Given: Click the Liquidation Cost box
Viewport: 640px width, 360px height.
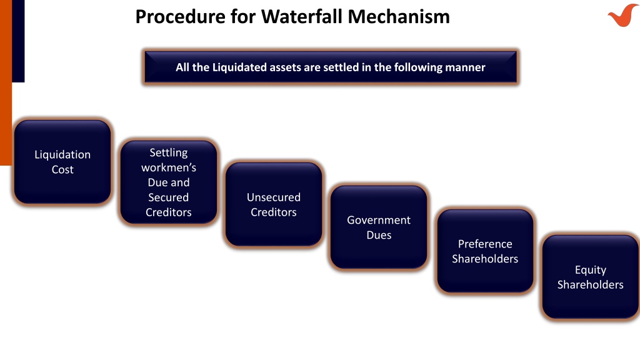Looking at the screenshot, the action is (62, 162).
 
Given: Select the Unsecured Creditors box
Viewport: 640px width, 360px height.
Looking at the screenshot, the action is (274, 204).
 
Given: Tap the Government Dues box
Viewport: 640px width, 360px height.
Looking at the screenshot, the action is (379, 227).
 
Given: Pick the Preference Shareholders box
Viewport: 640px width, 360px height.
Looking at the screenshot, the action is (485, 251).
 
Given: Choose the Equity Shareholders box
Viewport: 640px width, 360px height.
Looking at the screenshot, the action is (591, 277).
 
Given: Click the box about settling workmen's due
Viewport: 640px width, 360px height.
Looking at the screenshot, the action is (169, 182).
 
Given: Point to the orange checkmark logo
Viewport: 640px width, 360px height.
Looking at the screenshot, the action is (622, 16).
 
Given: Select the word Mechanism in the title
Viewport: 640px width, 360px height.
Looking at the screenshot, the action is (399, 17).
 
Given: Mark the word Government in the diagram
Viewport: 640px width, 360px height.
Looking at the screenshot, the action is (379, 220).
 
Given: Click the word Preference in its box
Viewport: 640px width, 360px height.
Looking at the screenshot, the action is (485, 244).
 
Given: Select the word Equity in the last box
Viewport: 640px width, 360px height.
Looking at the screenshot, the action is (591, 270).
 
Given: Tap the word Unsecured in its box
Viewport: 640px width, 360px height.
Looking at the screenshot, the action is (274, 197).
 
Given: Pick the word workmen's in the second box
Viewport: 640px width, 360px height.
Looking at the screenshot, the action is (169, 167).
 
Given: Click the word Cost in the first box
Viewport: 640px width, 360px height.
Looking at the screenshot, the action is (62, 169).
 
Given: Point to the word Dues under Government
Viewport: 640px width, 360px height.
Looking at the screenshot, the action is (379, 235).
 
